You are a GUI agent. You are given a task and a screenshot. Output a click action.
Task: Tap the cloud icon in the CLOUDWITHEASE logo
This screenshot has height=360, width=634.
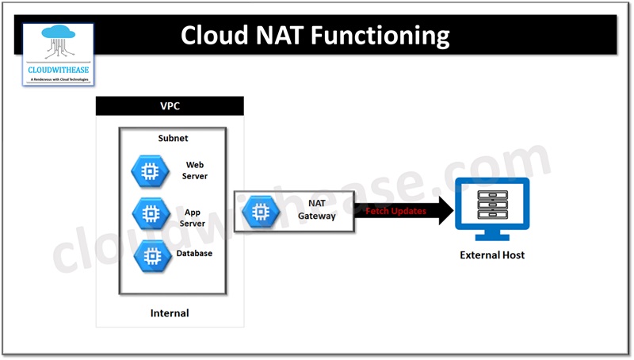57,42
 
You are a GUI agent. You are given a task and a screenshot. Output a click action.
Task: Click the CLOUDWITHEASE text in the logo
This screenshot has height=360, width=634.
57,69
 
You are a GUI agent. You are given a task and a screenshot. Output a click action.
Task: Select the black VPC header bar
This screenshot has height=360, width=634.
170,105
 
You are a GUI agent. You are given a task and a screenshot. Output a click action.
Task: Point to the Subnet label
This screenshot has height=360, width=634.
173,138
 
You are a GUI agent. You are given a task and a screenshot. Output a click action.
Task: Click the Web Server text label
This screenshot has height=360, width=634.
195,170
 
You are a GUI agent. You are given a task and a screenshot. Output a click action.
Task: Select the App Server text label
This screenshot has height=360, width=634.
194,218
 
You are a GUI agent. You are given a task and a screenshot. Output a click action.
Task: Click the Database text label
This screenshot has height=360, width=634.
194,254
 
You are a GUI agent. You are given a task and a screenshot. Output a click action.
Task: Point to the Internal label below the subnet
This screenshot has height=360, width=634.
170,313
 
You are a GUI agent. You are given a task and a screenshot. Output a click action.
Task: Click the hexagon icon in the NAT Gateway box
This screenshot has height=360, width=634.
259,211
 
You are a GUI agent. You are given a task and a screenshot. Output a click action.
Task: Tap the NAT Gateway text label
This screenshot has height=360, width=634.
322,210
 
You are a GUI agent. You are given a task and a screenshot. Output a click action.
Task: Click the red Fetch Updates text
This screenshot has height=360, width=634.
395,212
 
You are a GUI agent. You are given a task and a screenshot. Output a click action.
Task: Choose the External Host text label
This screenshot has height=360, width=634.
492,255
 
